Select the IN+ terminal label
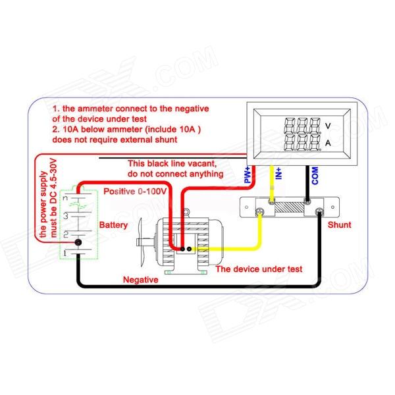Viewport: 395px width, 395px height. pos(278,174)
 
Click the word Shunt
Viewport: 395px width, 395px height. pos(339,224)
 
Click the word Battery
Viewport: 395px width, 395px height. pos(113,225)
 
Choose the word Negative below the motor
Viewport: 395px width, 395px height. pos(141,280)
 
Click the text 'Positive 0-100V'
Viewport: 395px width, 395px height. pos(138,190)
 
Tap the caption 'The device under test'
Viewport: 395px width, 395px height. pos(259,269)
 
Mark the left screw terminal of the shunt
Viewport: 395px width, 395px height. pos(261,211)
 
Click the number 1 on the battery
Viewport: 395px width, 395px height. pos(65,253)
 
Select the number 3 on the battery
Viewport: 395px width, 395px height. pos(65,215)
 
